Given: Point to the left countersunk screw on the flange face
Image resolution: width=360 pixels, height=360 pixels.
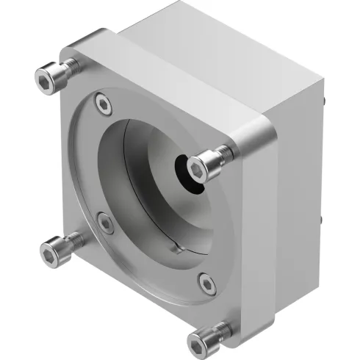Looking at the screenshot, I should (105, 222).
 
